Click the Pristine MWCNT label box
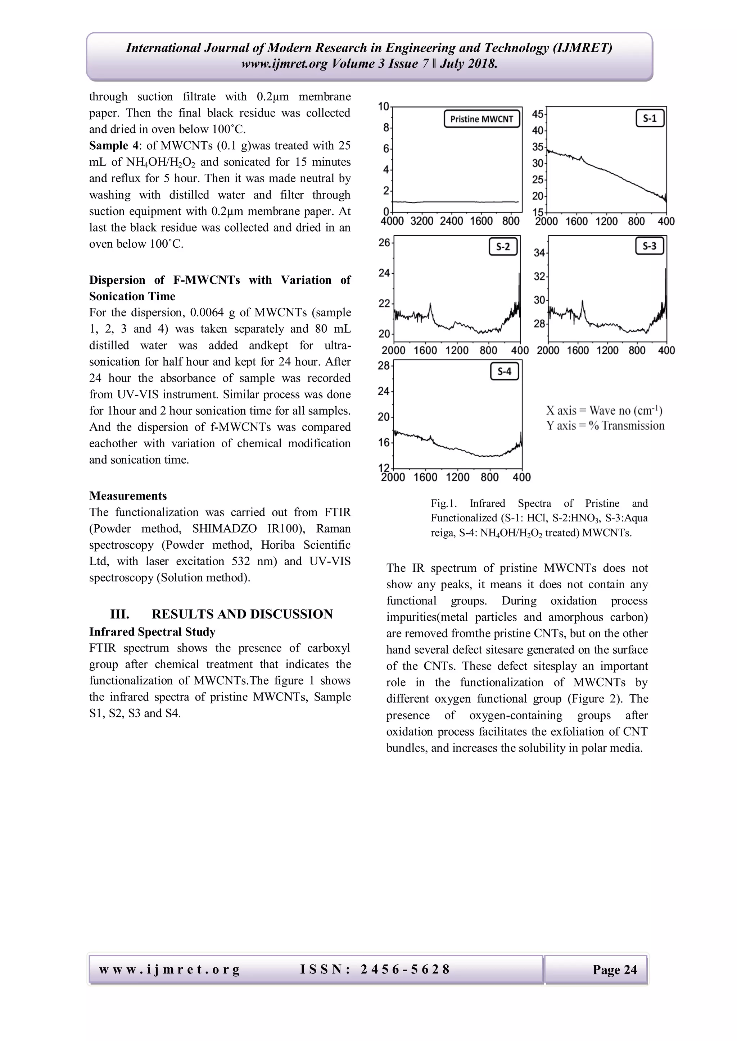pos(481,119)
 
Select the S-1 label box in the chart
pos(650,119)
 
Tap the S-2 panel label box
pos(503,247)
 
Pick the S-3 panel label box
pos(650,246)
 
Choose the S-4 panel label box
pos(504,372)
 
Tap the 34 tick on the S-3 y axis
pos(539,252)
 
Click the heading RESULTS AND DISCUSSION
pos(242,615)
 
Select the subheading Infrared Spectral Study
pos(152,631)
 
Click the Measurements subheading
pos(128,496)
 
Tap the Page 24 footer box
pos(615,970)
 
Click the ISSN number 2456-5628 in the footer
pos(405,969)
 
